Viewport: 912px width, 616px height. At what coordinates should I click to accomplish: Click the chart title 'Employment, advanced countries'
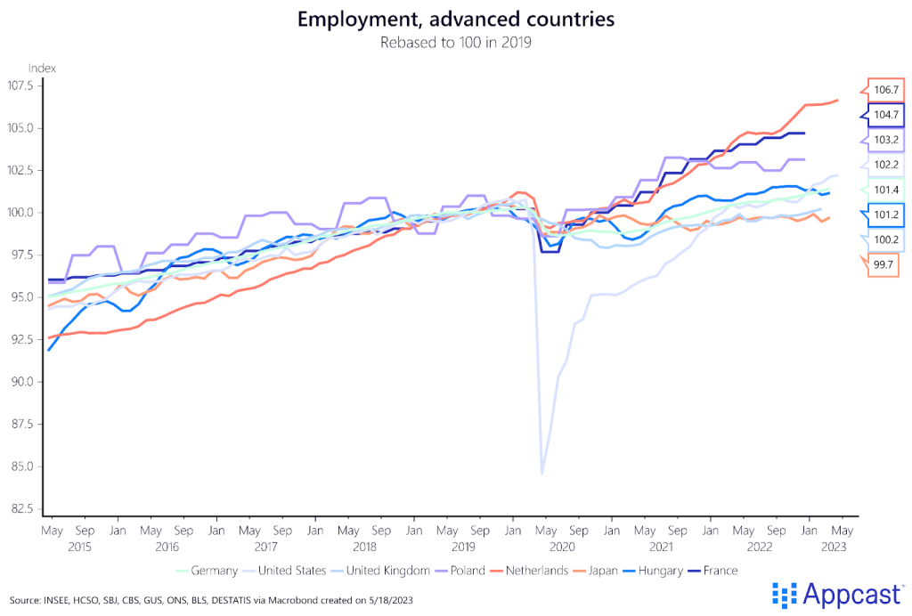(x=455, y=19)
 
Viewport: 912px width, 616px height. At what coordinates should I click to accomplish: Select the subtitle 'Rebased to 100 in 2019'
(x=455, y=42)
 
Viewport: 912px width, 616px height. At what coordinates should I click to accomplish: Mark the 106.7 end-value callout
(x=885, y=90)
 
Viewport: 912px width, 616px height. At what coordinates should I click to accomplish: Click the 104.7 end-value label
(x=885, y=115)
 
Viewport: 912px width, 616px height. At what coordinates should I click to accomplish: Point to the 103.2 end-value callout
(x=885, y=140)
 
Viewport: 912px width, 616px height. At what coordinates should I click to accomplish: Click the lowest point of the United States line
(x=542, y=473)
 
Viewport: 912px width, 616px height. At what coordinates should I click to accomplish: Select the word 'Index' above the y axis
(x=42, y=68)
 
